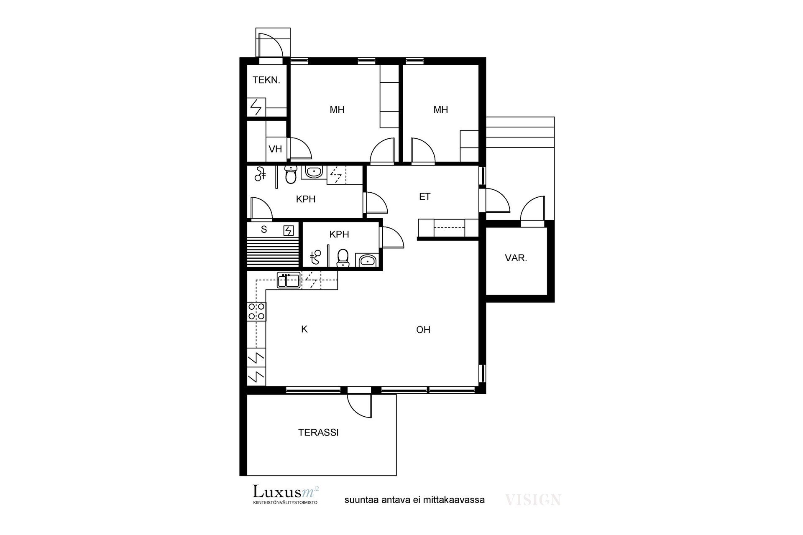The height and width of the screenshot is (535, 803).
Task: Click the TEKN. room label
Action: coord(266,80)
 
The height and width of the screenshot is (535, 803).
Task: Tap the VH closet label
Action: coord(275,149)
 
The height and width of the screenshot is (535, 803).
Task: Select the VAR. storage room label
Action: coord(516,258)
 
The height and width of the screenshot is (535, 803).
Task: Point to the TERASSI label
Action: coord(318,433)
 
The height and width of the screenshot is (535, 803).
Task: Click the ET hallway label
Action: coord(425,196)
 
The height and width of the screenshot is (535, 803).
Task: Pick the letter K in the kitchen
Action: coord(304,329)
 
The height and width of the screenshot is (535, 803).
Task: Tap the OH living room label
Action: coord(423,330)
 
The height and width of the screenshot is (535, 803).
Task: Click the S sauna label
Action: coord(264,229)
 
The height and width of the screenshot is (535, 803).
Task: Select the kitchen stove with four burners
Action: coord(257,311)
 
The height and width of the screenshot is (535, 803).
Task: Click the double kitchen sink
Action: coord(288,280)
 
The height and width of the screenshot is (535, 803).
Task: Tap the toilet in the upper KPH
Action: coord(290,175)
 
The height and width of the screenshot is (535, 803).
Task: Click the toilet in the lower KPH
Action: coord(343,258)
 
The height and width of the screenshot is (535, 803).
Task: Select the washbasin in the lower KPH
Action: coord(367,260)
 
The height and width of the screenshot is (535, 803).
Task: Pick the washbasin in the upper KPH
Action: coord(313,171)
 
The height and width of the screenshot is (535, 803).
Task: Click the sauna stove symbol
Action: coord(289,230)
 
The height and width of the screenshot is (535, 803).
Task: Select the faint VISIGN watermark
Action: coord(533,499)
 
